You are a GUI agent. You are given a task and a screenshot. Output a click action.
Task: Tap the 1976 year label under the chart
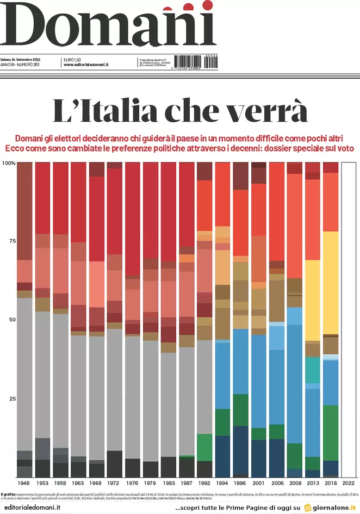(x=133, y=483)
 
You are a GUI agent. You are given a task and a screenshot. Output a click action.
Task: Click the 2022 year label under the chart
(x=349, y=483)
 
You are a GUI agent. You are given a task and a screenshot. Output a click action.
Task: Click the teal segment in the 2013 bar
(x=313, y=369)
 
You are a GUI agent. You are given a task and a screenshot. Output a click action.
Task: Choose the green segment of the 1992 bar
(x=205, y=448)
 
